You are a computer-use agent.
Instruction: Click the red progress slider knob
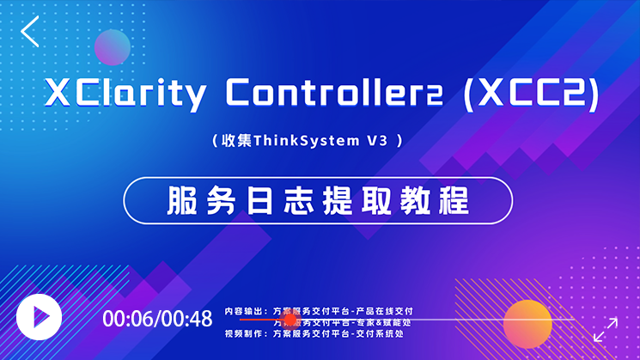290,320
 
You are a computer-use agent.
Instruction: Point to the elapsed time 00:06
128,319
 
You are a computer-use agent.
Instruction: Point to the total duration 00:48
187,319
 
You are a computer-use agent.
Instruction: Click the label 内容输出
243,310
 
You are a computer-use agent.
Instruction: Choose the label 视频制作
243,333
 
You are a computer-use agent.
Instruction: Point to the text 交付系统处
379,333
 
